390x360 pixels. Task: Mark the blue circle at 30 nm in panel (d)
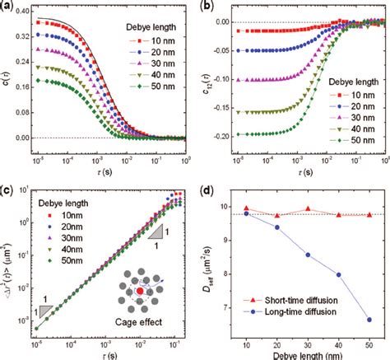tap(308, 255)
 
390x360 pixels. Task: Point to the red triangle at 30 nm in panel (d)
tap(308, 209)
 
